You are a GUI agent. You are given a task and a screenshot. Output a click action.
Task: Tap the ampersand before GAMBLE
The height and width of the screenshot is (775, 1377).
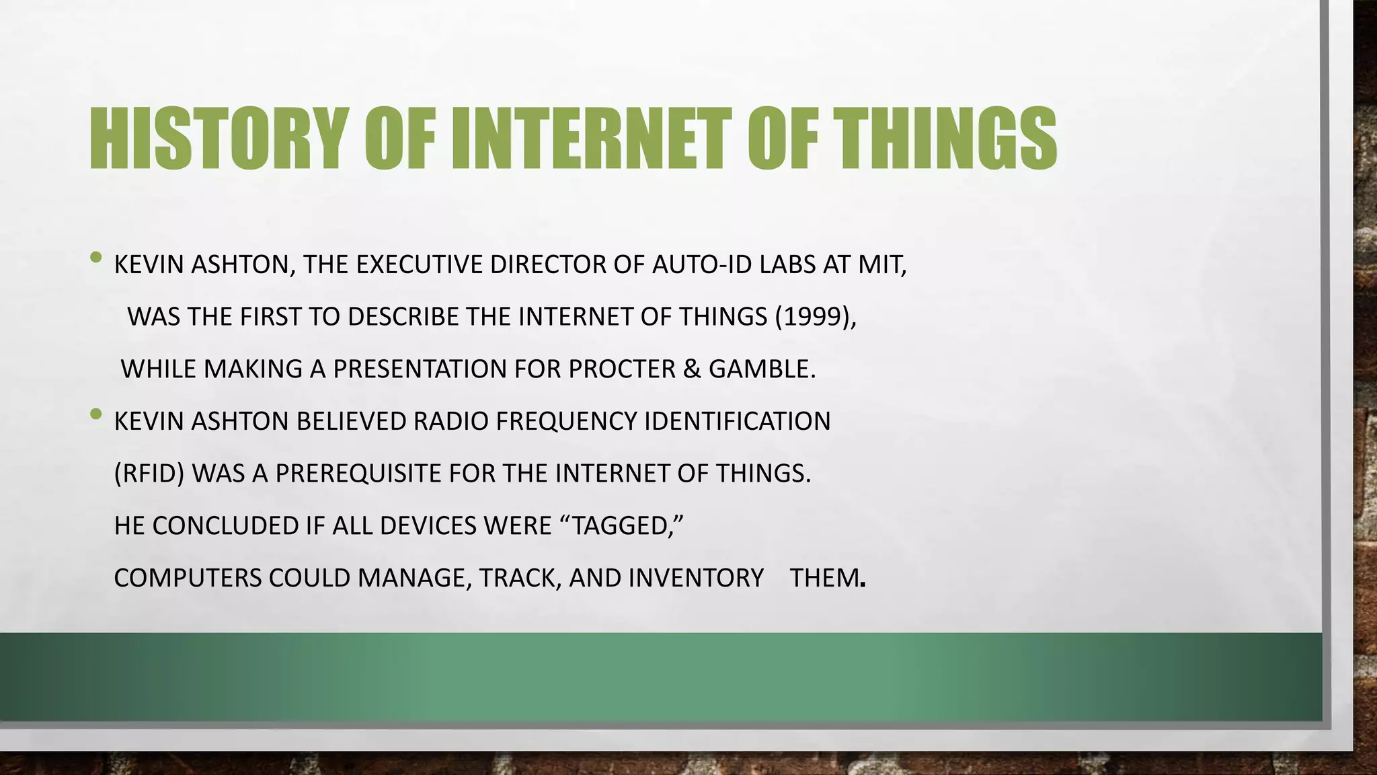click(691, 369)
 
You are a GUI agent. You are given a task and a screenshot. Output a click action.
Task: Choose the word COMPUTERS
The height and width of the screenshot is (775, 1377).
click(188, 577)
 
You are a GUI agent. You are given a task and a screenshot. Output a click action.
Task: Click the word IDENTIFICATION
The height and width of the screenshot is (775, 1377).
click(738, 421)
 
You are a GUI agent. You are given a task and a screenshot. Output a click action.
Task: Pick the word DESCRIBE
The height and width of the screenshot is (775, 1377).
click(403, 316)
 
